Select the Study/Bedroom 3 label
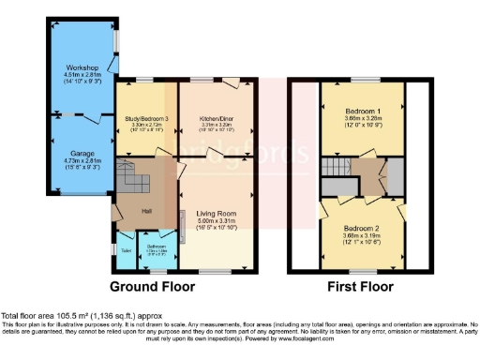(146, 119)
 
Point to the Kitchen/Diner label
(217, 119)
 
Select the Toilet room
(126, 250)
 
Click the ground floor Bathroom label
(157, 247)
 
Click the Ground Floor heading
(153, 286)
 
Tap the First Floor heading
(360, 286)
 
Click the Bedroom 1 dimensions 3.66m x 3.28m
(362, 119)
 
